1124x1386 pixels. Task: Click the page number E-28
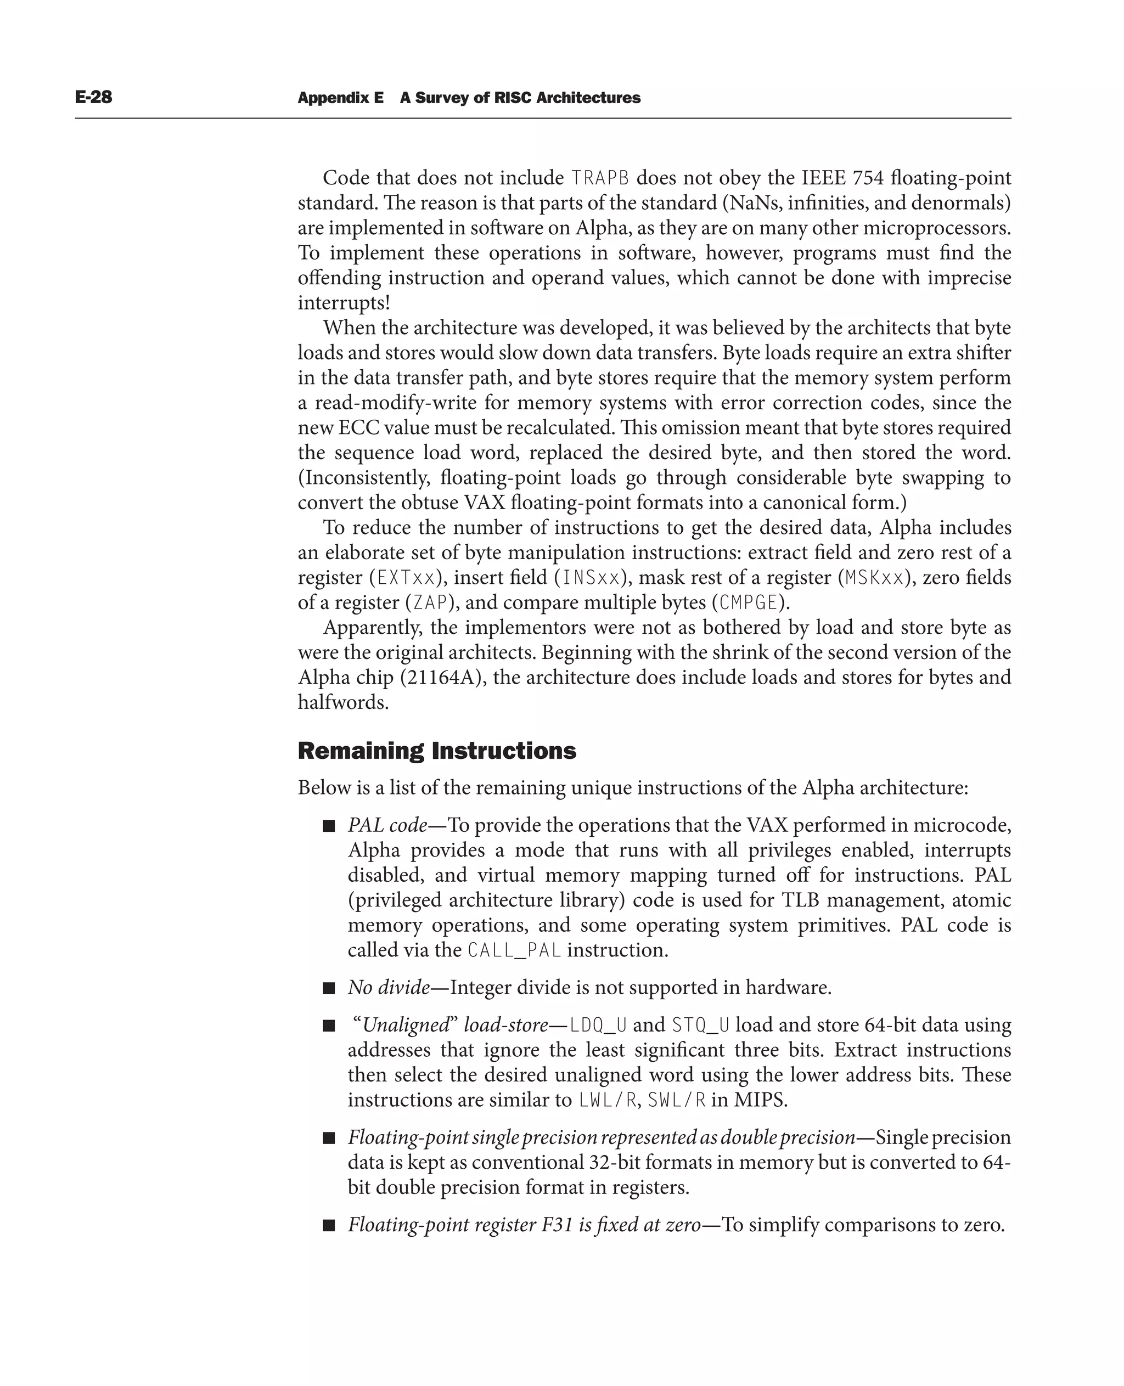93,97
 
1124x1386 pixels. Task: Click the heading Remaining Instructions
436,751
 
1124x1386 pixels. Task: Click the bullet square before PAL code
329,826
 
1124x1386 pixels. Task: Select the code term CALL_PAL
514,950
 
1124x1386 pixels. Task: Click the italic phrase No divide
389,988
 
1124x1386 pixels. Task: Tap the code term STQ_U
700,1026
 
